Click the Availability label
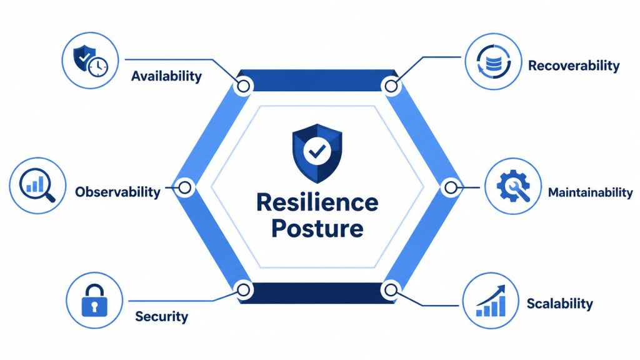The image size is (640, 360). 166,76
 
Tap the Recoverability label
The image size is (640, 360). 574,65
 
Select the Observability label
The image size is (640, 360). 118,192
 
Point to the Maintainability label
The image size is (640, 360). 590,192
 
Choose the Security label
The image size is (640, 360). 162,316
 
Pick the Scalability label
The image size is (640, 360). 559,304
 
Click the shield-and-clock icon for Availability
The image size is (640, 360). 91,61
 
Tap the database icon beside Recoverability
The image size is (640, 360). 494,62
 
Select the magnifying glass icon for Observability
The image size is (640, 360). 37,186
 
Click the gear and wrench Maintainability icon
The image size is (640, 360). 513,186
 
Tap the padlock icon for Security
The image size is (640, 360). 94,301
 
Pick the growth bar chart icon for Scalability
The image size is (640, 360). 491,301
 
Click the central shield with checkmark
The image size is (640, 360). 317,153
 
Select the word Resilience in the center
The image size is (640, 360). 317,202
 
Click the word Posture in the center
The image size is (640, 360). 317,229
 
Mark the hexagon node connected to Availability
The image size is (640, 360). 244,86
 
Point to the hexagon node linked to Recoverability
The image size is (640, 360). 391,86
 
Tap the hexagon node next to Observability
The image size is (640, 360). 185,187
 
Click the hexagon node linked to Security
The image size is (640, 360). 244,290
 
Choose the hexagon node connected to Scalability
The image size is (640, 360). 391,290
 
